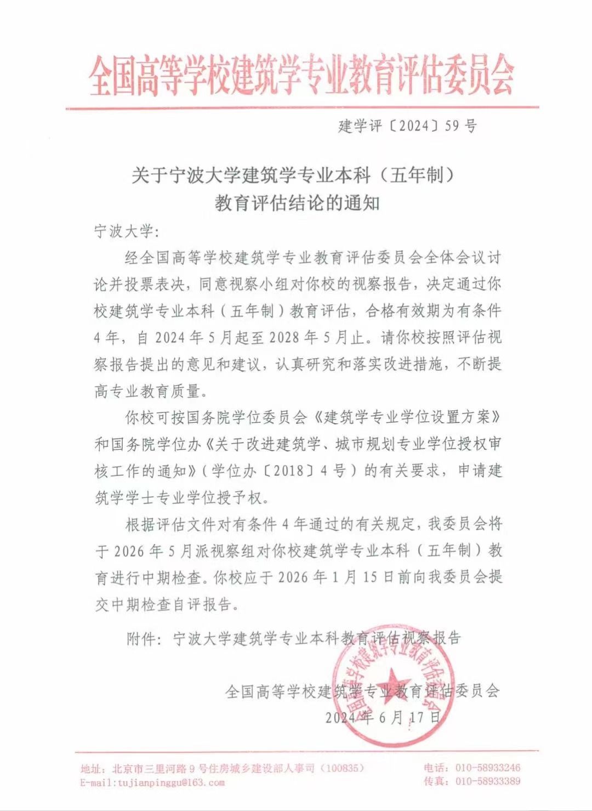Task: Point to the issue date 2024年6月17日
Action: click(383, 717)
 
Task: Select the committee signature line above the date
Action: click(363, 691)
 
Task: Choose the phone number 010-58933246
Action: click(488, 768)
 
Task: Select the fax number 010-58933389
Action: click(488, 781)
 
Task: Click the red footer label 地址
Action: click(90, 769)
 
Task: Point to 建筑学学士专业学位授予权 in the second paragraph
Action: click(180, 498)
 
